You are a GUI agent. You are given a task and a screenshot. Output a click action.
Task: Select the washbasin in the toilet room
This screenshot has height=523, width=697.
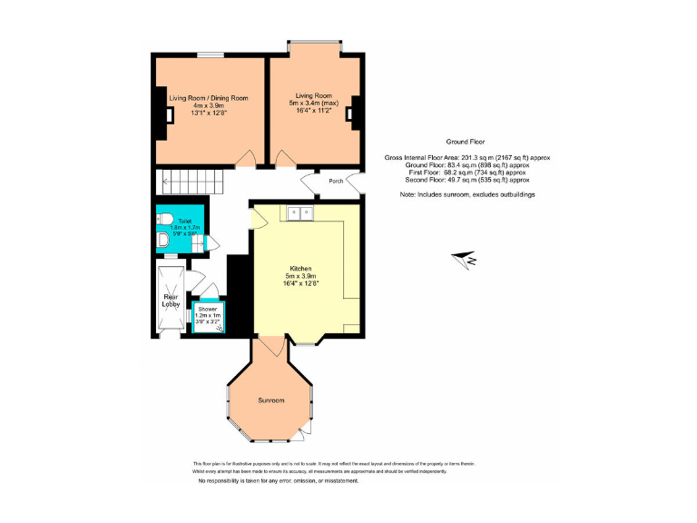pos(162,240)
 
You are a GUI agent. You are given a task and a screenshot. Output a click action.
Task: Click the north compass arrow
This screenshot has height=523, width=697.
pos(470,260)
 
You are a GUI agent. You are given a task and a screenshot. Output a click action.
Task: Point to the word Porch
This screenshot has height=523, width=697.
pos(336,181)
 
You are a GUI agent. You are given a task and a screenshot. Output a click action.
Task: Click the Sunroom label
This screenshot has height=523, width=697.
pos(270,400)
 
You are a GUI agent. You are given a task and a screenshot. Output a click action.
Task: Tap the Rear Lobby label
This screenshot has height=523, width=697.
pos(171,301)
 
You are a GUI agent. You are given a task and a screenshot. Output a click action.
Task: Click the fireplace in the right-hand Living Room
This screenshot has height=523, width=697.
pos(356,108)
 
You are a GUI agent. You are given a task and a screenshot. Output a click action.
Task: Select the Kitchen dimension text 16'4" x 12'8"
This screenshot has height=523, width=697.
pos(301,283)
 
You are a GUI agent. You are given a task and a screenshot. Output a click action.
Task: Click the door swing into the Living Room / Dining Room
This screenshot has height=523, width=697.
pos(244,161)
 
